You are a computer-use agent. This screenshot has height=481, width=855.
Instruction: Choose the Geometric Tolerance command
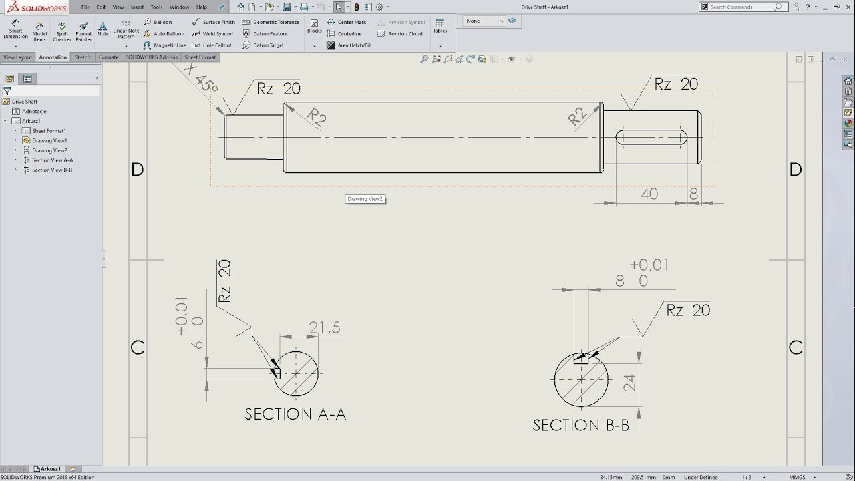pyautogui.click(x=271, y=22)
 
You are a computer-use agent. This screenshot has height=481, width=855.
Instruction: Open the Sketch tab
pyautogui.click(x=82, y=57)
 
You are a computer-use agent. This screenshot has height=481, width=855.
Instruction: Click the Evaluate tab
pyautogui.click(x=108, y=57)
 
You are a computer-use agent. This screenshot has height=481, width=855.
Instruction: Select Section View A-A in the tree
pyautogui.click(x=52, y=160)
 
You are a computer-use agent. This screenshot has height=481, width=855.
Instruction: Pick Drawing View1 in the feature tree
pyautogui.click(x=49, y=140)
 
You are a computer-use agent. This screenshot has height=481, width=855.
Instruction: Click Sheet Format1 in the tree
pyautogui.click(x=49, y=131)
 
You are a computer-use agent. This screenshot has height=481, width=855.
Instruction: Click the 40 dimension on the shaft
pyautogui.click(x=649, y=194)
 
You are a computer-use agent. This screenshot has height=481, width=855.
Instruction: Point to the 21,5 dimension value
pyautogui.click(x=325, y=327)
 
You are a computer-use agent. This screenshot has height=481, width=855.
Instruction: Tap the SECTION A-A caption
pyautogui.click(x=295, y=414)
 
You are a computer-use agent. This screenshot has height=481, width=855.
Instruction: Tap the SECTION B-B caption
pyautogui.click(x=580, y=425)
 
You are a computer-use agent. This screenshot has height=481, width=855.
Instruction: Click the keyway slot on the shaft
pyautogui.click(x=651, y=138)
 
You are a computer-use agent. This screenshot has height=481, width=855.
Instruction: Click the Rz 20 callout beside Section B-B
pyautogui.click(x=687, y=310)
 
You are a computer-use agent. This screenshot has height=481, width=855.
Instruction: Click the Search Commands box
pyautogui.click(x=740, y=7)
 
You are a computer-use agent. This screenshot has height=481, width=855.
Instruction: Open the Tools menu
pyautogui.click(x=156, y=7)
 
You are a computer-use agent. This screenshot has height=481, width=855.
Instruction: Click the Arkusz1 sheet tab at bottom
pyautogui.click(x=50, y=469)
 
